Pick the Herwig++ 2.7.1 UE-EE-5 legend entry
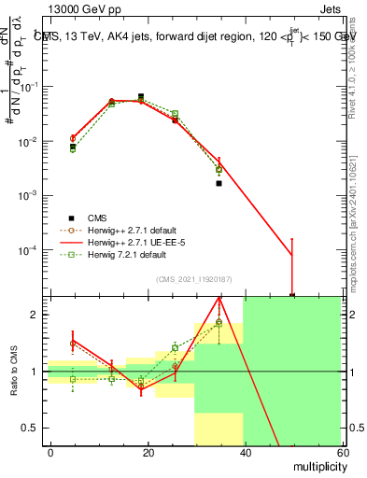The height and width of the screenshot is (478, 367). (x=131, y=241)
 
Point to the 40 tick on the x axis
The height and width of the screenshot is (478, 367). (x=243, y=451)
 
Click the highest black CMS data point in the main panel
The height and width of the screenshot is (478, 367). (x=141, y=96)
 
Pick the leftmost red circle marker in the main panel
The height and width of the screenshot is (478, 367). (x=73, y=138)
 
